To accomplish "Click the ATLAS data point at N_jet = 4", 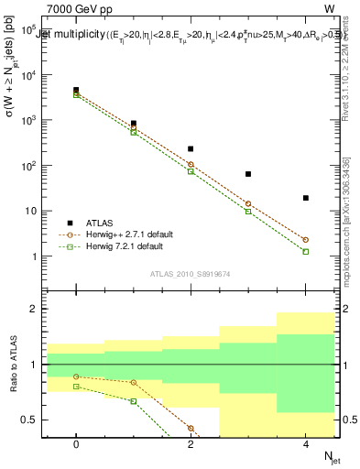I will click(305, 198).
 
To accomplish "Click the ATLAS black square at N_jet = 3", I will click(248, 174).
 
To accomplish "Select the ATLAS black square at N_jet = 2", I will click(191, 148).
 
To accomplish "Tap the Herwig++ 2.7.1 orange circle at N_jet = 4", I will click(305, 240).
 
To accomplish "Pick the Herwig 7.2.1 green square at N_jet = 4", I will click(305, 251).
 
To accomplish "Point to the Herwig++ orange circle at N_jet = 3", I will click(248, 204).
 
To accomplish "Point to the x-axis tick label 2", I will click(191, 443).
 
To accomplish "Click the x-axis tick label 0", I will click(76, 443).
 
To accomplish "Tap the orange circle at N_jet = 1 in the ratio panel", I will click(134, 382).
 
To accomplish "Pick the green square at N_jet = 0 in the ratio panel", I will click(76, 387).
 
